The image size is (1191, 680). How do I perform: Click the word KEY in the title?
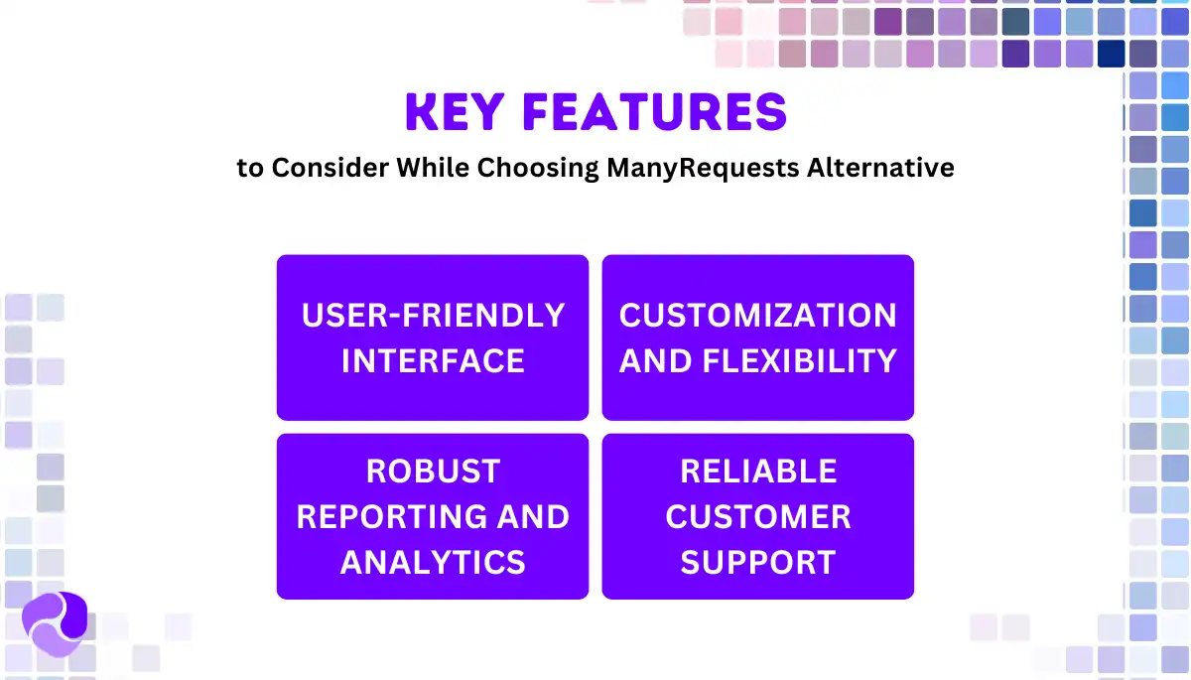click(x=456, y=113)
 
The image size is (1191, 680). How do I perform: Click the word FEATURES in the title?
click(x=654, y=113)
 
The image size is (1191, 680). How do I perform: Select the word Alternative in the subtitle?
click(x=880, y=168)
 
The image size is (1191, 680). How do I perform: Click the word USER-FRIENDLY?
click(x=433, y=316)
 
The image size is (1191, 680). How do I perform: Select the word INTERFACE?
click(x=433, y=361)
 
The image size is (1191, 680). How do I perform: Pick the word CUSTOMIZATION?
click(x=758, y=316)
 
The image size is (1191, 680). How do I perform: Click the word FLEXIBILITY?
click(x=799, y=361)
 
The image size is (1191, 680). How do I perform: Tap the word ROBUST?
click(x=433, y=472)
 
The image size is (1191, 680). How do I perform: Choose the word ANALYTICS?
click(x=433, y=563)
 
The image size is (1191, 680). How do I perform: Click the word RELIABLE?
click(x=758, y=472)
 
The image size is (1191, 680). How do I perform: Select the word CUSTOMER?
click(x=758, y=517)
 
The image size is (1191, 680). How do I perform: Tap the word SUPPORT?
click(x=758, y=563)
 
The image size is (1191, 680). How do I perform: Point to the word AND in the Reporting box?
click(x=535, y=517)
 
